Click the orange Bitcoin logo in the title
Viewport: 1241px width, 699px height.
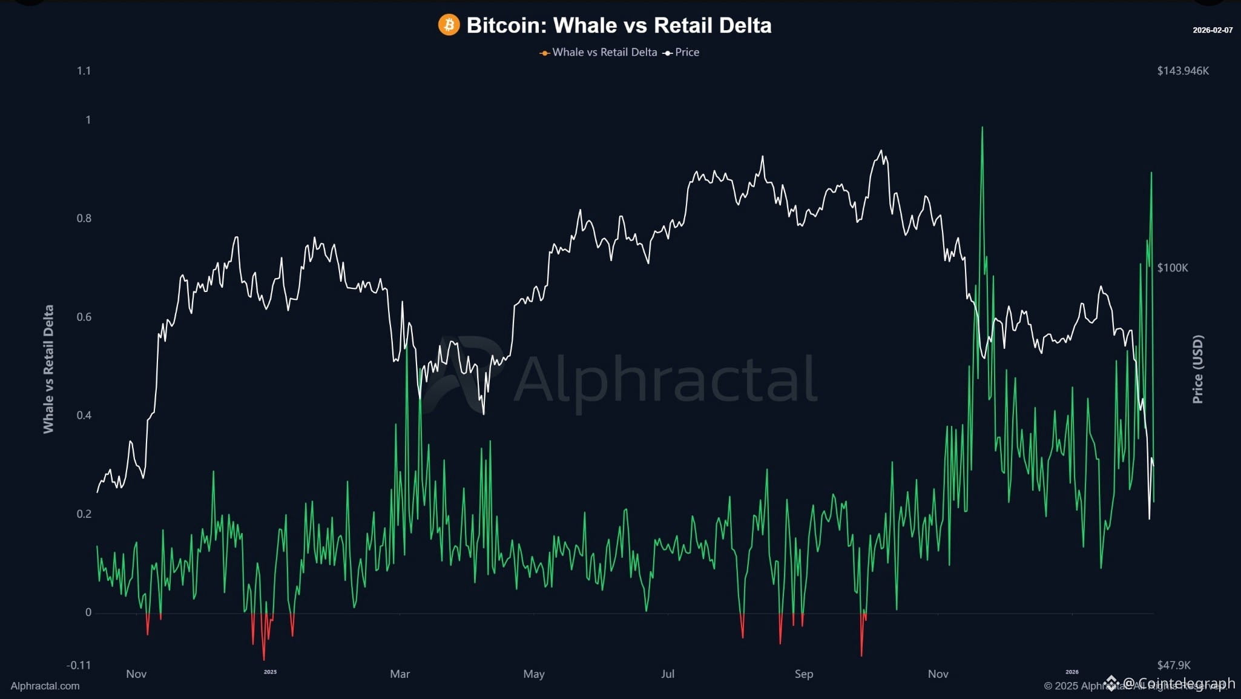[449, 25]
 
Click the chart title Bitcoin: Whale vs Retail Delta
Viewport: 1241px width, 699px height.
[619, 25]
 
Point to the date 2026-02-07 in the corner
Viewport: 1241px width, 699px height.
[1212, 30]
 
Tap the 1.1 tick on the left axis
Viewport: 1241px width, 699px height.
[84, 71]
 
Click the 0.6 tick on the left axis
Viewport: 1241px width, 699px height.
[84, 317]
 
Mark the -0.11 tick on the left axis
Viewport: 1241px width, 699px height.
[79, 665]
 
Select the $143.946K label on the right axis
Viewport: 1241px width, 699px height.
[1182, 71]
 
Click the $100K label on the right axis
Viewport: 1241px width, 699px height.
[1172, 268]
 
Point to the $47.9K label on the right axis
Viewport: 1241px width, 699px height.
[1173, 665]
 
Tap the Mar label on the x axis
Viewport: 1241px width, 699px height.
[400, 674]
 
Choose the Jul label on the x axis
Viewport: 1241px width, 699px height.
[667, 674]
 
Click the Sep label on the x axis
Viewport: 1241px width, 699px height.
[803, 674]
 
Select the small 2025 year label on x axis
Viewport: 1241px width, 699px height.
[270, 672]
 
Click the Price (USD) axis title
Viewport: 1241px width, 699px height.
[1197, 369]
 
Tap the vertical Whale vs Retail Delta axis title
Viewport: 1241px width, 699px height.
[48, 369]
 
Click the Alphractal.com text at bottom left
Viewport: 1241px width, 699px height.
[45, 686]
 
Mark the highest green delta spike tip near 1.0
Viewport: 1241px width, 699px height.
[982, 128]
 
